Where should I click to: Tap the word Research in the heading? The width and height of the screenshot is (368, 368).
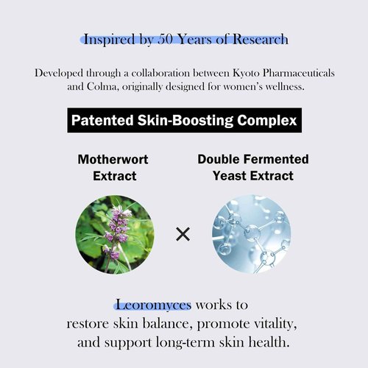[x=257, y=38]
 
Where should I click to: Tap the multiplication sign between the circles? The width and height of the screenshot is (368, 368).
[x=183, y=235]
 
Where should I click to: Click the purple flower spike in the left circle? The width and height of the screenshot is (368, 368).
[x=116, y=224]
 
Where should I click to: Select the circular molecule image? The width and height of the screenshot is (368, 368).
[x=252, y=234]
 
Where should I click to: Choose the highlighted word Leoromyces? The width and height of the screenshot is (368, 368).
[x=152, y=305]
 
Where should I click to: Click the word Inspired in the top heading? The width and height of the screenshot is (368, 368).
[x=109, y=38]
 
